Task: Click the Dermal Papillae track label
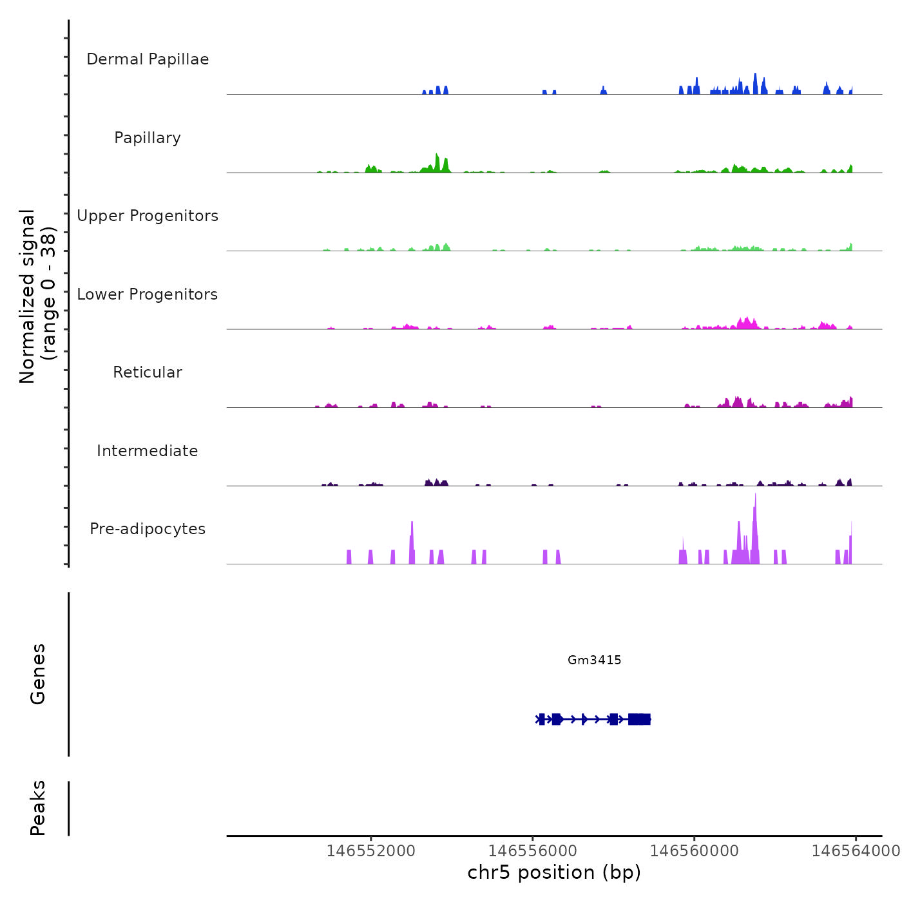pos(148,59)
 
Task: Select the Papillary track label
pos(148,138)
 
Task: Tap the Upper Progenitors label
pos(148,216)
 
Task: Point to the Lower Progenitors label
pos(148,294)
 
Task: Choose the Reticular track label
pos(148,372)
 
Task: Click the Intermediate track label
pos(148,451)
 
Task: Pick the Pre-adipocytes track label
pos(148,529)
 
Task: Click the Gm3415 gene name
pos(594,660)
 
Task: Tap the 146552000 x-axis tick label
pos(370,850)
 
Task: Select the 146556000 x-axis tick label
pos(532,850)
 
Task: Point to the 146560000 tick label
pos(694,850)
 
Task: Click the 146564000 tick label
pos(855,850)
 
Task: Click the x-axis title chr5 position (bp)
pos(554,872)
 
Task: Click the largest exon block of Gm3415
pos(639,719)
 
